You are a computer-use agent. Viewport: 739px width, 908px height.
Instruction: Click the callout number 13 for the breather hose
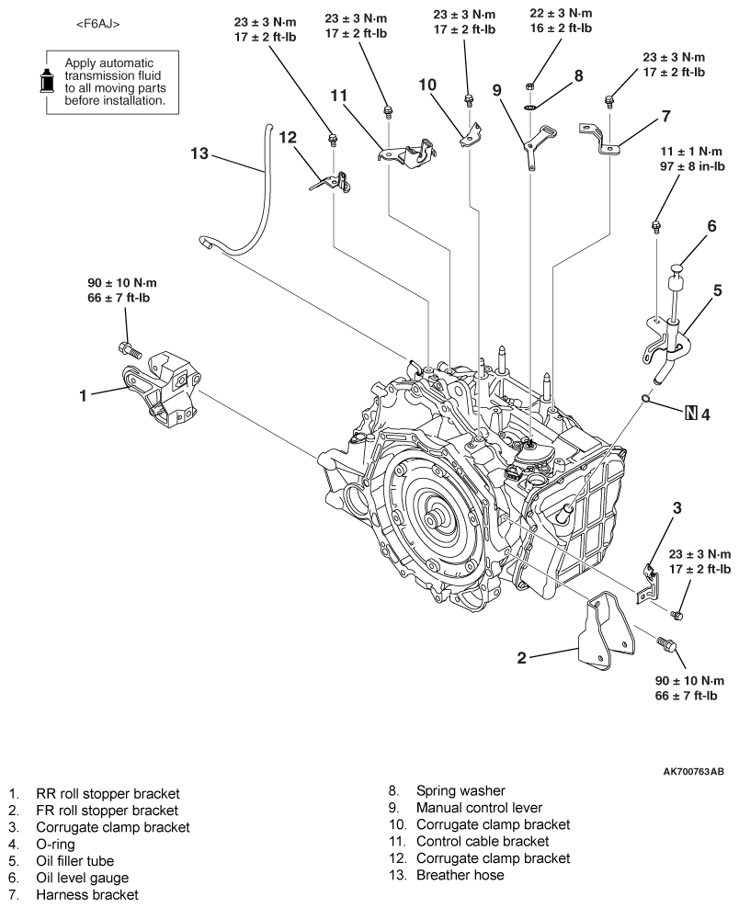click(199, 153)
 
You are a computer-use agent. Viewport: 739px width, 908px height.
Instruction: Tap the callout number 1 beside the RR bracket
click(83, 395)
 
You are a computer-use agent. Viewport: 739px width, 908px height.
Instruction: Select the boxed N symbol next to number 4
click(690, 414)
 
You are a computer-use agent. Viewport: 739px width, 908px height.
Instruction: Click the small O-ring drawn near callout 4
click(645, 398)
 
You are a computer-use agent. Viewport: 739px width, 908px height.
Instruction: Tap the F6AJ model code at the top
click(97, 24)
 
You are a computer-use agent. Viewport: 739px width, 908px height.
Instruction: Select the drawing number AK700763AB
click(693, 771)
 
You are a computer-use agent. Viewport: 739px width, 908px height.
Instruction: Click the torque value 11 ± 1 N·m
click(691, 151)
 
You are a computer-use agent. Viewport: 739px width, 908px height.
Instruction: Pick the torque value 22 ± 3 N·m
click(561, 13)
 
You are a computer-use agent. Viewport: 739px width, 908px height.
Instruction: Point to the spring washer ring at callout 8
click(529, 106)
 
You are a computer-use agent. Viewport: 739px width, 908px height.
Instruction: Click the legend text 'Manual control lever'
click(479, 807)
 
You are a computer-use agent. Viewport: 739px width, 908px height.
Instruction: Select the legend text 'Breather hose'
click(460, 874)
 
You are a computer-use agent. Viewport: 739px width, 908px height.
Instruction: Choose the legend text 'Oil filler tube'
click(74, 860)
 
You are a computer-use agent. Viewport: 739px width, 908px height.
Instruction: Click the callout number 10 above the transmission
click(427, 85)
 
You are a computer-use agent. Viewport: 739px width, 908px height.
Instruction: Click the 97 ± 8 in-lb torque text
click(692, 166)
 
